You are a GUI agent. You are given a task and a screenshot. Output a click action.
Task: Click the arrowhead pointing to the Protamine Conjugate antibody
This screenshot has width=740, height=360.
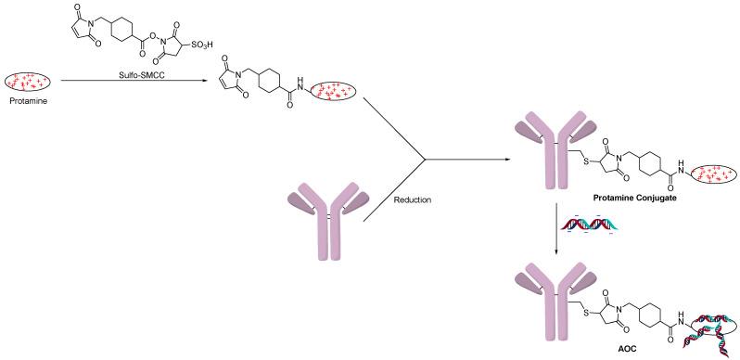coord(505,161)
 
